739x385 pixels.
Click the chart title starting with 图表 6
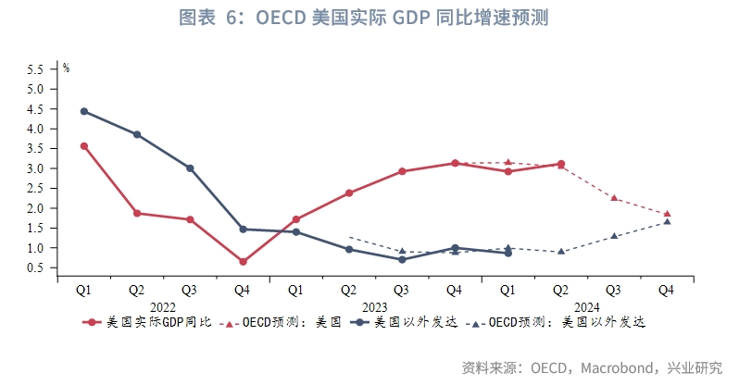pyautogui.click(x=369, y=19)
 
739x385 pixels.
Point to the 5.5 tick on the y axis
pyautogui.click(x=36, y=69)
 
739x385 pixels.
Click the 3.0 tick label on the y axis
pyautogui.click(x=36, y=168)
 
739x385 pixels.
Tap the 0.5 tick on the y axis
pyautogui.click(x=36, y=268)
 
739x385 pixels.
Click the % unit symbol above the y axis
pyautogui.click(x=66, y=67)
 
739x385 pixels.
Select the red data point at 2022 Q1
pyautogui.click(x=84, y=146)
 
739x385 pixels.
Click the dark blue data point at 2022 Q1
pyautogui.click(x=84, y=111)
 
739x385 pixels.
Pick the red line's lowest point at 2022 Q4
pyautogui.click(x=243, y=262)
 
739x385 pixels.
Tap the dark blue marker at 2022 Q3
pyautogui.click(x=190, y=168)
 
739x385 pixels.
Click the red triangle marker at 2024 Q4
pyautogui.click(x=667, y=214)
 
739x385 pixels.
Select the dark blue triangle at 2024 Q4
pyautogui.click(x=667, y=221)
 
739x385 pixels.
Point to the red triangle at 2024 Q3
pyautogui.click(x=614, y=198)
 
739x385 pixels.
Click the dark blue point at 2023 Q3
pyautogui.click(x=402, y=259)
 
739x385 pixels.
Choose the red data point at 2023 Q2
pyautogui.click(x=349, y=193)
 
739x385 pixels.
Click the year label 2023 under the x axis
pyautogui.click(x=375, y=305)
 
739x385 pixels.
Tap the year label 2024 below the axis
pyautogui.click(x=587, y=305)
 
